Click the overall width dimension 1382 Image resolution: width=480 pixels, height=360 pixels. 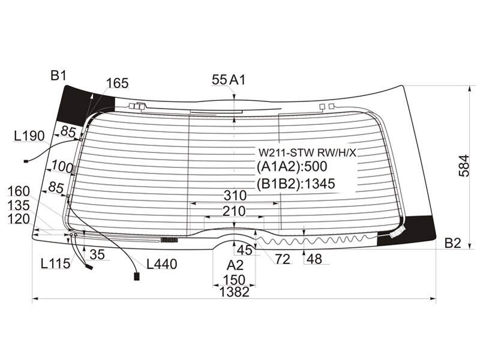click(235, 292)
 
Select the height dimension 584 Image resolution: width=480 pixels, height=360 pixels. click(464, 166)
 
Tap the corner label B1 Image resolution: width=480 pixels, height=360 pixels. click(58, 76)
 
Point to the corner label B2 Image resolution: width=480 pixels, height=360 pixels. click(453, 243)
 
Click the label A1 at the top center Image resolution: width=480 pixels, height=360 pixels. click(238, 80)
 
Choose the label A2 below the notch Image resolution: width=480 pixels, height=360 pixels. click(235, 265)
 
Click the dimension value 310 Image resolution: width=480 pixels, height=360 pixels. click(235, 195)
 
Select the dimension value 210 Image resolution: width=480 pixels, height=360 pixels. click(234, 211)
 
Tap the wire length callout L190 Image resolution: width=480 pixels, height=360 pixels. click(29, 136)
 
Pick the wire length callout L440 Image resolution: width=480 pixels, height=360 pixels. click(161, 264)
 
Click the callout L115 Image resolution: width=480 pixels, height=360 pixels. click(55, 263)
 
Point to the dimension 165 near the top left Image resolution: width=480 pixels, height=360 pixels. click(117, 83)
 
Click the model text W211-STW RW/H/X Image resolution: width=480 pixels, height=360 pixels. click(308, 152)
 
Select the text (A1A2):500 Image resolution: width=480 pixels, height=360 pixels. click(292, 166)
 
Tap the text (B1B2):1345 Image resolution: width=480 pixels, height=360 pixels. click(296, 184)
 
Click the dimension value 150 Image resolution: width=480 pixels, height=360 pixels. click(234, 280)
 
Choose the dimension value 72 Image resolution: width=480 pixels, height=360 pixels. click(283, 260)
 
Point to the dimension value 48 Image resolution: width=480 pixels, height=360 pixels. click(314, 259)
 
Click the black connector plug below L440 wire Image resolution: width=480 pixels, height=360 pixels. click(137, 277)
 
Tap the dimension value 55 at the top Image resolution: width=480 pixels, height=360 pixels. click(219, 80)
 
